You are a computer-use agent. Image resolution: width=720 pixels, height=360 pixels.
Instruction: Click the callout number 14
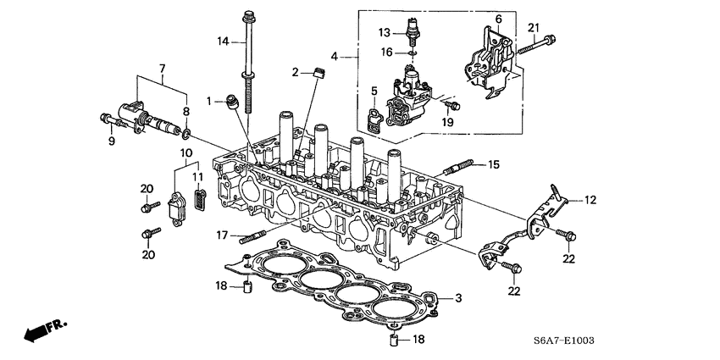(224, 42)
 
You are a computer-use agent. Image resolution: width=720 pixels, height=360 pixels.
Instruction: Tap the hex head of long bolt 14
(248, 14)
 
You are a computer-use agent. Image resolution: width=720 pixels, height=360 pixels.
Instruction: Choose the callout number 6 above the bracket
(498, 19)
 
